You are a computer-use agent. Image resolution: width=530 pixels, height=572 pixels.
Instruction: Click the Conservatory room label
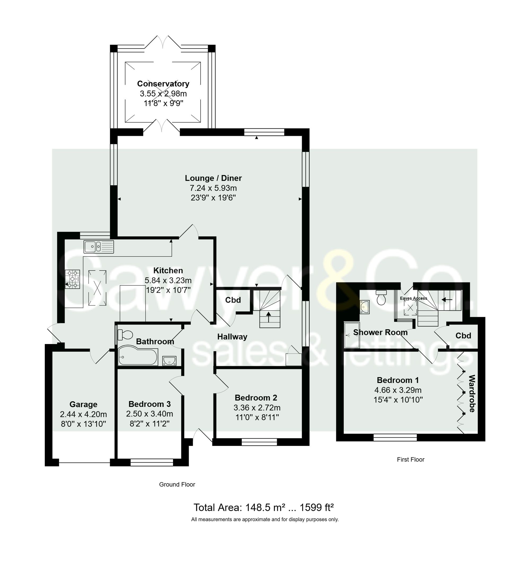[163, 83]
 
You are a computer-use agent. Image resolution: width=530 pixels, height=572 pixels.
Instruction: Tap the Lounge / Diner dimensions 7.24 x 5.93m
[213, 188]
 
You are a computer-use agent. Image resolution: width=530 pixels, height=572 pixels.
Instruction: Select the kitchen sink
[99, 247]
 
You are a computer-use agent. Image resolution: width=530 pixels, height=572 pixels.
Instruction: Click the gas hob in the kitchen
[72, 279]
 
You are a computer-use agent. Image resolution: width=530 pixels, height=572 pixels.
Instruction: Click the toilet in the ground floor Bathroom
[125, 335]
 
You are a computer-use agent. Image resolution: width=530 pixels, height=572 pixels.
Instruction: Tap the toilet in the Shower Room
[381, 297]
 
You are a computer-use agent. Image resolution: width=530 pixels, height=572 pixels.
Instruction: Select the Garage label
[83, 404]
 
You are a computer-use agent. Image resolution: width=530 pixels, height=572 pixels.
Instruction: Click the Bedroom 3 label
[149, 404]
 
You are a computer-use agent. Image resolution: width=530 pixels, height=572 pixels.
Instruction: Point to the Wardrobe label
[472, 393]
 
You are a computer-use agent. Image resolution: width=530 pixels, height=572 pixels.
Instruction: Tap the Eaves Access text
[414, 298]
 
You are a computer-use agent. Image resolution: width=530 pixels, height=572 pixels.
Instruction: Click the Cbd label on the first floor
[463, 336]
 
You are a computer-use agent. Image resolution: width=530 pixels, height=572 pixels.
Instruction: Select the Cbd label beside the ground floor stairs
[233, 300]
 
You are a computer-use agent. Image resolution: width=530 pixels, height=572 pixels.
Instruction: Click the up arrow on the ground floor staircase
[268, 318]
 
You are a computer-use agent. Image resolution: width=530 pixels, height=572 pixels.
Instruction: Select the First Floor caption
[410, 459]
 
